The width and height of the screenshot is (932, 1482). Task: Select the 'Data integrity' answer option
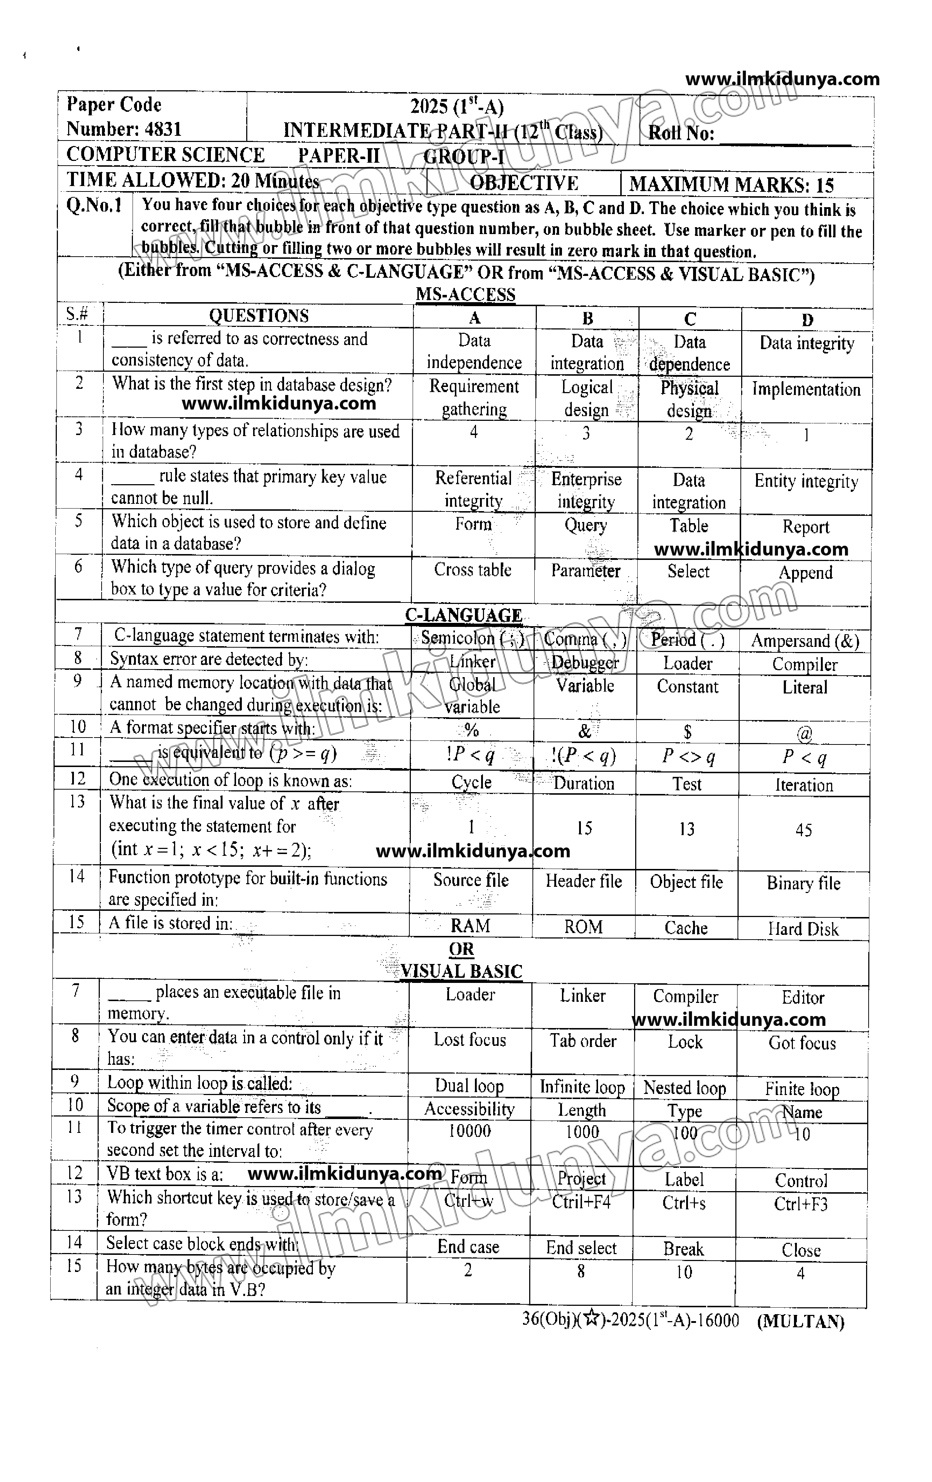pyautogui.click(x=806, y=343)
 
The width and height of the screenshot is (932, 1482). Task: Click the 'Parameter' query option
pyautogui.click(x=585, y=571)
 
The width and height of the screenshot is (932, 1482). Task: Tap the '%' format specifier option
pyautogui.click(x=472, y=731)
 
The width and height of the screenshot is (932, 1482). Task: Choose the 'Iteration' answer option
pyautogui.click(x=804, y=785)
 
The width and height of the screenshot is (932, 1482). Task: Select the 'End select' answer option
pyautogui.click(x=581, y=1248)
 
